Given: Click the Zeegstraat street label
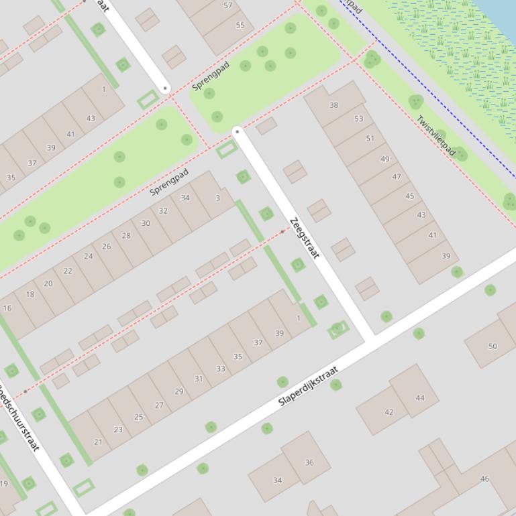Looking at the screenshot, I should [305, 238].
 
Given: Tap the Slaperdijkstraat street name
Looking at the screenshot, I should [309, 387].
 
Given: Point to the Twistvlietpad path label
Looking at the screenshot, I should [435, 136].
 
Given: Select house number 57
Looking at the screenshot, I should [228, 5].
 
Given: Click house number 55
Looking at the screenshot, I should [240, 25].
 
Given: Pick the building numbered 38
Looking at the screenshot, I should [334, 105].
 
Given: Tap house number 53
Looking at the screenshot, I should [358, 119].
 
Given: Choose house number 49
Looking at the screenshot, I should [384, 159].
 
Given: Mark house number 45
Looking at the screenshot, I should [409, 196].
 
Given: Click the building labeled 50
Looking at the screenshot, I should [493, 346].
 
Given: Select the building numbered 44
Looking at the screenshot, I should [420, 397].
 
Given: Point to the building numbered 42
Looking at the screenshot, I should [389, 412].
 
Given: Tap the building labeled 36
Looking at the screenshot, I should [309, 462].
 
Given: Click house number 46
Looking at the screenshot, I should [484, 478].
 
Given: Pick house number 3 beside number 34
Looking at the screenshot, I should [217, 198].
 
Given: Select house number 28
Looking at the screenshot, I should [126, 235].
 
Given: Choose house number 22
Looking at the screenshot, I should [68, 271].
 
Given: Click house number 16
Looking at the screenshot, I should [7, 308].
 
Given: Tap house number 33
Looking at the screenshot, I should [220, 369].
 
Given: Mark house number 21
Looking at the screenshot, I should [98, 442].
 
